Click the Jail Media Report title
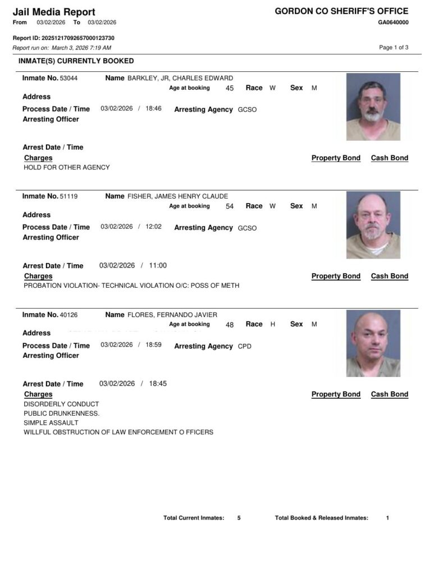click(54, 12)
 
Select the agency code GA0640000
click(393, 22)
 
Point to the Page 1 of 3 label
click(394, 48)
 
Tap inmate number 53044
click(68, 79)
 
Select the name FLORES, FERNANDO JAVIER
click(172, 315)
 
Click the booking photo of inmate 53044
click(373, 107)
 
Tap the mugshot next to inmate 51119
click(373, 224)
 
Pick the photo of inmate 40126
click(373, 343)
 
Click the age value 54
click(229, 206)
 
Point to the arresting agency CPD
click(245, 347)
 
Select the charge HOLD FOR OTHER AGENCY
click(67, 167)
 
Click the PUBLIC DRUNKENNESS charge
click(62, 413)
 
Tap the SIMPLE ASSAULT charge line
click(51, 423)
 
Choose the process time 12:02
click(153, 227)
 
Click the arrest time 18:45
click(158, 384)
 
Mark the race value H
click(272, 324)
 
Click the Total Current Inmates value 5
click(239, 518)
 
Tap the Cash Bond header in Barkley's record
click(389, 158)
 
